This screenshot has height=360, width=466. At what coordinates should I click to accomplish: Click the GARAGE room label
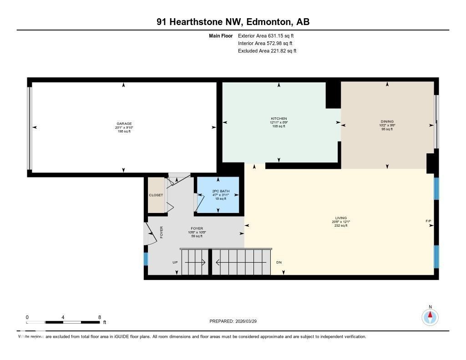point(124,124)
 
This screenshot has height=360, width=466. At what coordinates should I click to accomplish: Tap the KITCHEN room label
point(279,119)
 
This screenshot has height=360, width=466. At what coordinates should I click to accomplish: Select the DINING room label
point(387,122)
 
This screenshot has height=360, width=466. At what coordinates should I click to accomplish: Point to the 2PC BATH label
point(218,191)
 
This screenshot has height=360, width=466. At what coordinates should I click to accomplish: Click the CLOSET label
point(156,195)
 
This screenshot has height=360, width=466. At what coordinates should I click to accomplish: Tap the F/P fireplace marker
point(428,221)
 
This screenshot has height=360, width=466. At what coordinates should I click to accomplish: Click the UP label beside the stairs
point(175,263)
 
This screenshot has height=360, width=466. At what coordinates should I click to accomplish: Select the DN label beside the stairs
point(279,263)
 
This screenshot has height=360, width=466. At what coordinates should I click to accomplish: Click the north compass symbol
point(430,316)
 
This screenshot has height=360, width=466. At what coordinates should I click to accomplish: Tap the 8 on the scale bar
point(99,317)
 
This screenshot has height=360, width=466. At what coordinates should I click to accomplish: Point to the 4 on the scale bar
point(63,317)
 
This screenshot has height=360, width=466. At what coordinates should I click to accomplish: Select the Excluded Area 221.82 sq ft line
point(267,51)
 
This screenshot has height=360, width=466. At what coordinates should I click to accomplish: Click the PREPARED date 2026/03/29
point(236,321)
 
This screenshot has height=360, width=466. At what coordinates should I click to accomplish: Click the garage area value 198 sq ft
point(124,132)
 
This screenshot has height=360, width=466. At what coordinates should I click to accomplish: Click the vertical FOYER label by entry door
point(161,232)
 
